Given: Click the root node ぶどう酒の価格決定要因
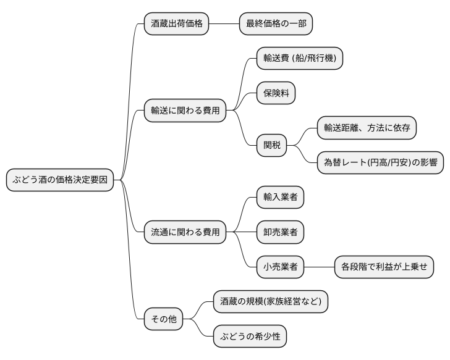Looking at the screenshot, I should tap(59, 180).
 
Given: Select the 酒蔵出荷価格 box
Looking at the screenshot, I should tap(176, 24).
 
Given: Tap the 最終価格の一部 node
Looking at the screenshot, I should tap(276, 24).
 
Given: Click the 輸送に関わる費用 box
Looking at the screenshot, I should tap(185, 111).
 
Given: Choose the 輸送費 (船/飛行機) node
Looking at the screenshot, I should tap(300, 59).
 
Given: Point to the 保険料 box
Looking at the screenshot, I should tap(276, 93).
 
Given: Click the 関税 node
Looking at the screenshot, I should tap(272, 145).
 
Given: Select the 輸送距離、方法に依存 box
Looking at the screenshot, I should tap(367, 128).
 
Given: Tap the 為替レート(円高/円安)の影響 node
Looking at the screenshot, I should tap(380, 162).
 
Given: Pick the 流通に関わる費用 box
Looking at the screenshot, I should tap(185, 232).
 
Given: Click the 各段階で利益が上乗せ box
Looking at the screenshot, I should tap(384, 267).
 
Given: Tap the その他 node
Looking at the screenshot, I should tap(164, 319).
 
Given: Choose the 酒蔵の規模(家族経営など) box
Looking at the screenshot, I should tap(270, 302).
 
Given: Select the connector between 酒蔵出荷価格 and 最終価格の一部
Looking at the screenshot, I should tap(224, 24).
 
